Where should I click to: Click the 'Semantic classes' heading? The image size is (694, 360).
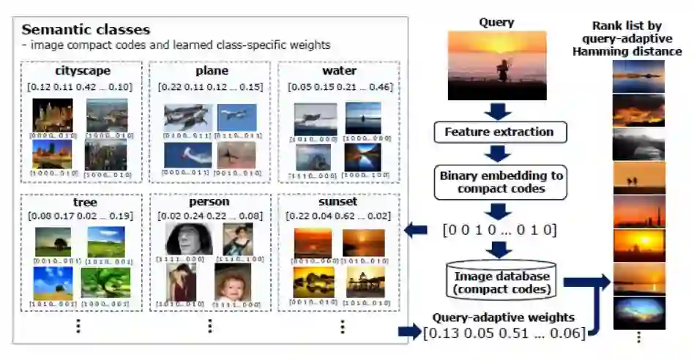[86, 30]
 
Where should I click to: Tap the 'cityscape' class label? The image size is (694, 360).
[82, 72]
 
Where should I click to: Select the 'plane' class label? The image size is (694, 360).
[211, 72]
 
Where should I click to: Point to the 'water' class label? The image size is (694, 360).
[339, 72]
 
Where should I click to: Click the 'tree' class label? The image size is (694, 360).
[82, 201]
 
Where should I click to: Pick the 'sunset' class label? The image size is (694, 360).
[338, 201]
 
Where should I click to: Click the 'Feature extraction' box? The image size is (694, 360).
[499, 132]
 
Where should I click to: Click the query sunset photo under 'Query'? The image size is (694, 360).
[497, 65]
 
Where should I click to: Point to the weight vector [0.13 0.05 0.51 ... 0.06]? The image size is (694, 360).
[504, 333]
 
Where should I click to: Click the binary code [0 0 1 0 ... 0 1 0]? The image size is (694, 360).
[499, 230]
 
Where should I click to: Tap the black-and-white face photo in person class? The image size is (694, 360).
[188, 239]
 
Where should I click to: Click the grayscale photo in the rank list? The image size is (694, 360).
[638, 145]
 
